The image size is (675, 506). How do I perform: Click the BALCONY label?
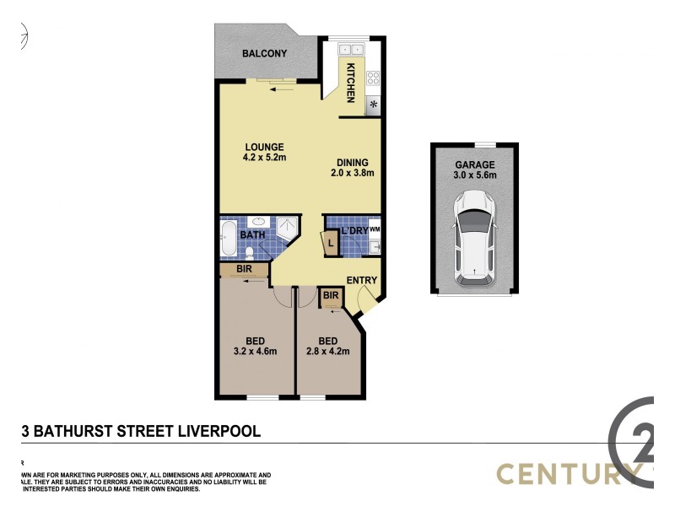click(264, 54)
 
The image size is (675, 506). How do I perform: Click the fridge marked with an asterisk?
click(372, 105)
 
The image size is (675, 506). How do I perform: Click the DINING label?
click(353, 162)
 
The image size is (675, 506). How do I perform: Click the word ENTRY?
click(362, 281)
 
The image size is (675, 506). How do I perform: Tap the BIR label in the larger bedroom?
click(244, 270)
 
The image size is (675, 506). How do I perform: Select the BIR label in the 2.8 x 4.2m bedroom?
click(331, 296)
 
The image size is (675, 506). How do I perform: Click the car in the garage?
click(474, 237)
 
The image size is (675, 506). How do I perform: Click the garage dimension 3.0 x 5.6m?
click(475, 176)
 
